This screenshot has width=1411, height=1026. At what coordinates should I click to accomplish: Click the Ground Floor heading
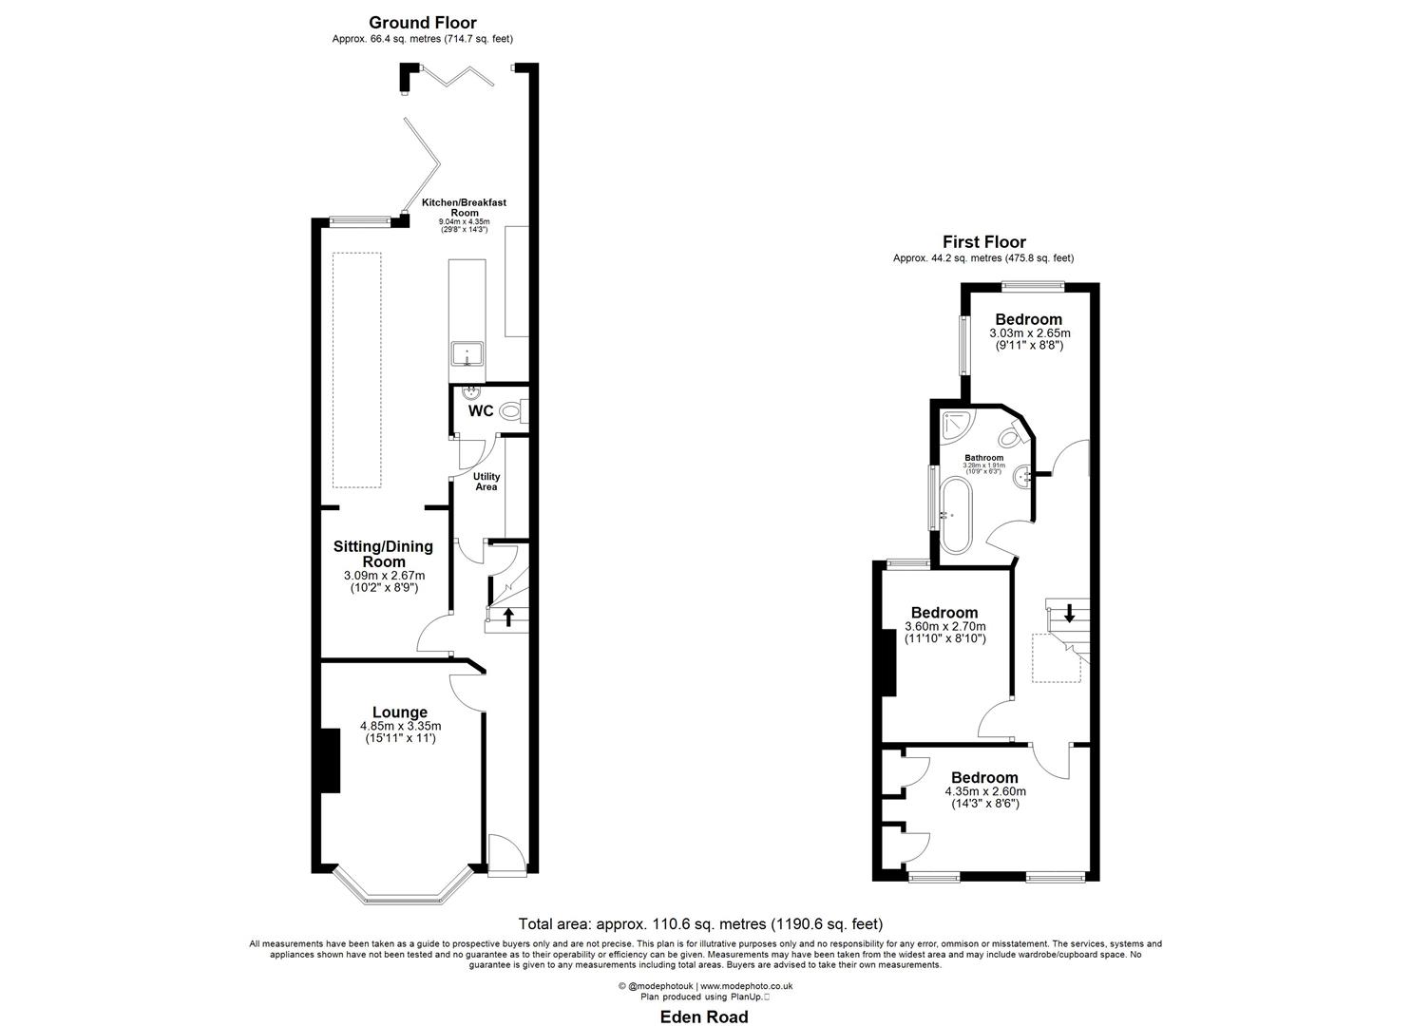(422, 23)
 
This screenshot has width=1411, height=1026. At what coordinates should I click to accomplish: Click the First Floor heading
(983, 242)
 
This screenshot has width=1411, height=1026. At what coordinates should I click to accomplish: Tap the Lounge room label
(399, 712)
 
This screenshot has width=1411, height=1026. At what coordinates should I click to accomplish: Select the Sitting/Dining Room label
(383, 554)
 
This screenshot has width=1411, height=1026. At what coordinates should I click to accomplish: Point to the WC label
(481, 411)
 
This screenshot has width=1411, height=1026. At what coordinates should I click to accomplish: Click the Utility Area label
(486, 482)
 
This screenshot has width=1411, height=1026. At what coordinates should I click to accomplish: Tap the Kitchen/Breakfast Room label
(464, 208)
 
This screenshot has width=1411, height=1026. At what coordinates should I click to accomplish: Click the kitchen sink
(467, 355)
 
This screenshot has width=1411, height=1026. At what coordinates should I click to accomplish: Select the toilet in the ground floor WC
(511, 411)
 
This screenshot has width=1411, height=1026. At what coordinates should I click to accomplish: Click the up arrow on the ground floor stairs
(507, 617)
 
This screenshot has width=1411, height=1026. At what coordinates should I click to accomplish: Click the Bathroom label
(983, 458)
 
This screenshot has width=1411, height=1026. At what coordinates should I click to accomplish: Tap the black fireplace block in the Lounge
(328, 760)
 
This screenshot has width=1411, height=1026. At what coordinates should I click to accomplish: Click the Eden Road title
(704, 1017)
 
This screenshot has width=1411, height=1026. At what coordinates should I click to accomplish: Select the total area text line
(700, 923)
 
